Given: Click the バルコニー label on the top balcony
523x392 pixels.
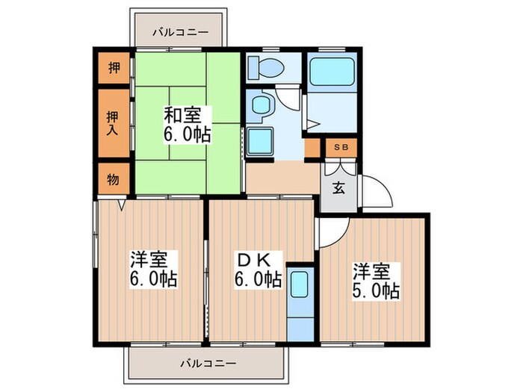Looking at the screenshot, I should coord(176,32).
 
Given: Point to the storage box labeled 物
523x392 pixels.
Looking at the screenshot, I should coord(113,178).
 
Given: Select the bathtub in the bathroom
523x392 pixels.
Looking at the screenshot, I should coord(332,74).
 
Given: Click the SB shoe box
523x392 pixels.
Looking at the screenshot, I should coord(340,148).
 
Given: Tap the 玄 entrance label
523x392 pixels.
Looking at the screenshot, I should coord(338,187).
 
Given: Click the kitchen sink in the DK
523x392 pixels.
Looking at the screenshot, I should coord(300,284).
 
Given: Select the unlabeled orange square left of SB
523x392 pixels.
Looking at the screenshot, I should coord(312,148).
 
